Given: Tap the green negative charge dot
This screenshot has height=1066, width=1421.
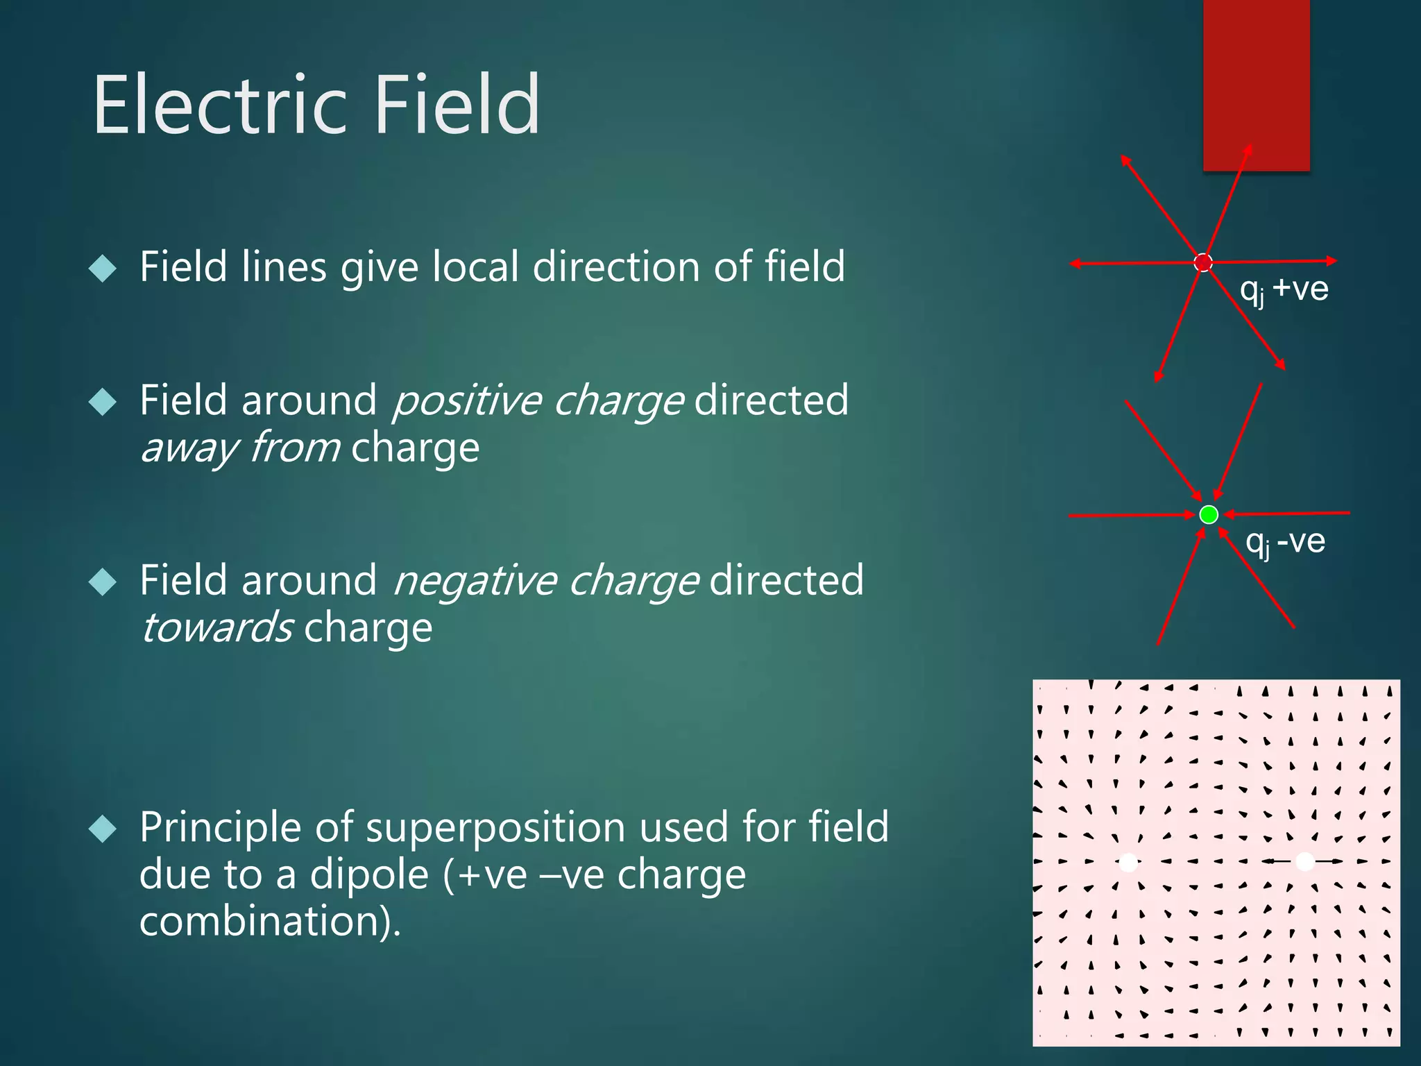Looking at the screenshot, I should click(1209, 514).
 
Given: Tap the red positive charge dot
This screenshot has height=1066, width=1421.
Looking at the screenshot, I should click(1203, 262).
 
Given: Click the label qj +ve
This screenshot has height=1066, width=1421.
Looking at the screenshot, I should click(1284, 289).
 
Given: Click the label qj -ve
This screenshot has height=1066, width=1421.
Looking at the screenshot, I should click(1285, 541).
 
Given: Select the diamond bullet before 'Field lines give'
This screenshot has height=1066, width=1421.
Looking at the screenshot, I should click(103, 268).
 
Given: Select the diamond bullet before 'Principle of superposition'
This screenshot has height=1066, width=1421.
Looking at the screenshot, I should click(103, 829).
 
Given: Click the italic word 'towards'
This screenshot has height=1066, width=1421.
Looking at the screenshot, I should click(216, 628).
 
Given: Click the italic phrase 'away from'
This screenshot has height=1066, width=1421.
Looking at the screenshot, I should click(240, 448).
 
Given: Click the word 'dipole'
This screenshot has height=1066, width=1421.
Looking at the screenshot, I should click(369, 874).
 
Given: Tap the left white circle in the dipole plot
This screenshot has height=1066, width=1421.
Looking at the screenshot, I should click(1129, 863).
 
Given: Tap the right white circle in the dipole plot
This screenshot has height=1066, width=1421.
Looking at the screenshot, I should click(1305, 861).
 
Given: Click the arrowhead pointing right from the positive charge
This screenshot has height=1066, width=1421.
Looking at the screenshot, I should click(1331, 261).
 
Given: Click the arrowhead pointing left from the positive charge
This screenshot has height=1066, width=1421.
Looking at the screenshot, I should click(1075, 264).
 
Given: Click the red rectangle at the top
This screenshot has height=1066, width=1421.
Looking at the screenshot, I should click(1256, 83).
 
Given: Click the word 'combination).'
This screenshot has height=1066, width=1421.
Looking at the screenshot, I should click(270, 922).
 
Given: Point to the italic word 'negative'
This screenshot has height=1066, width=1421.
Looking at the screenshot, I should click(475, 581).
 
